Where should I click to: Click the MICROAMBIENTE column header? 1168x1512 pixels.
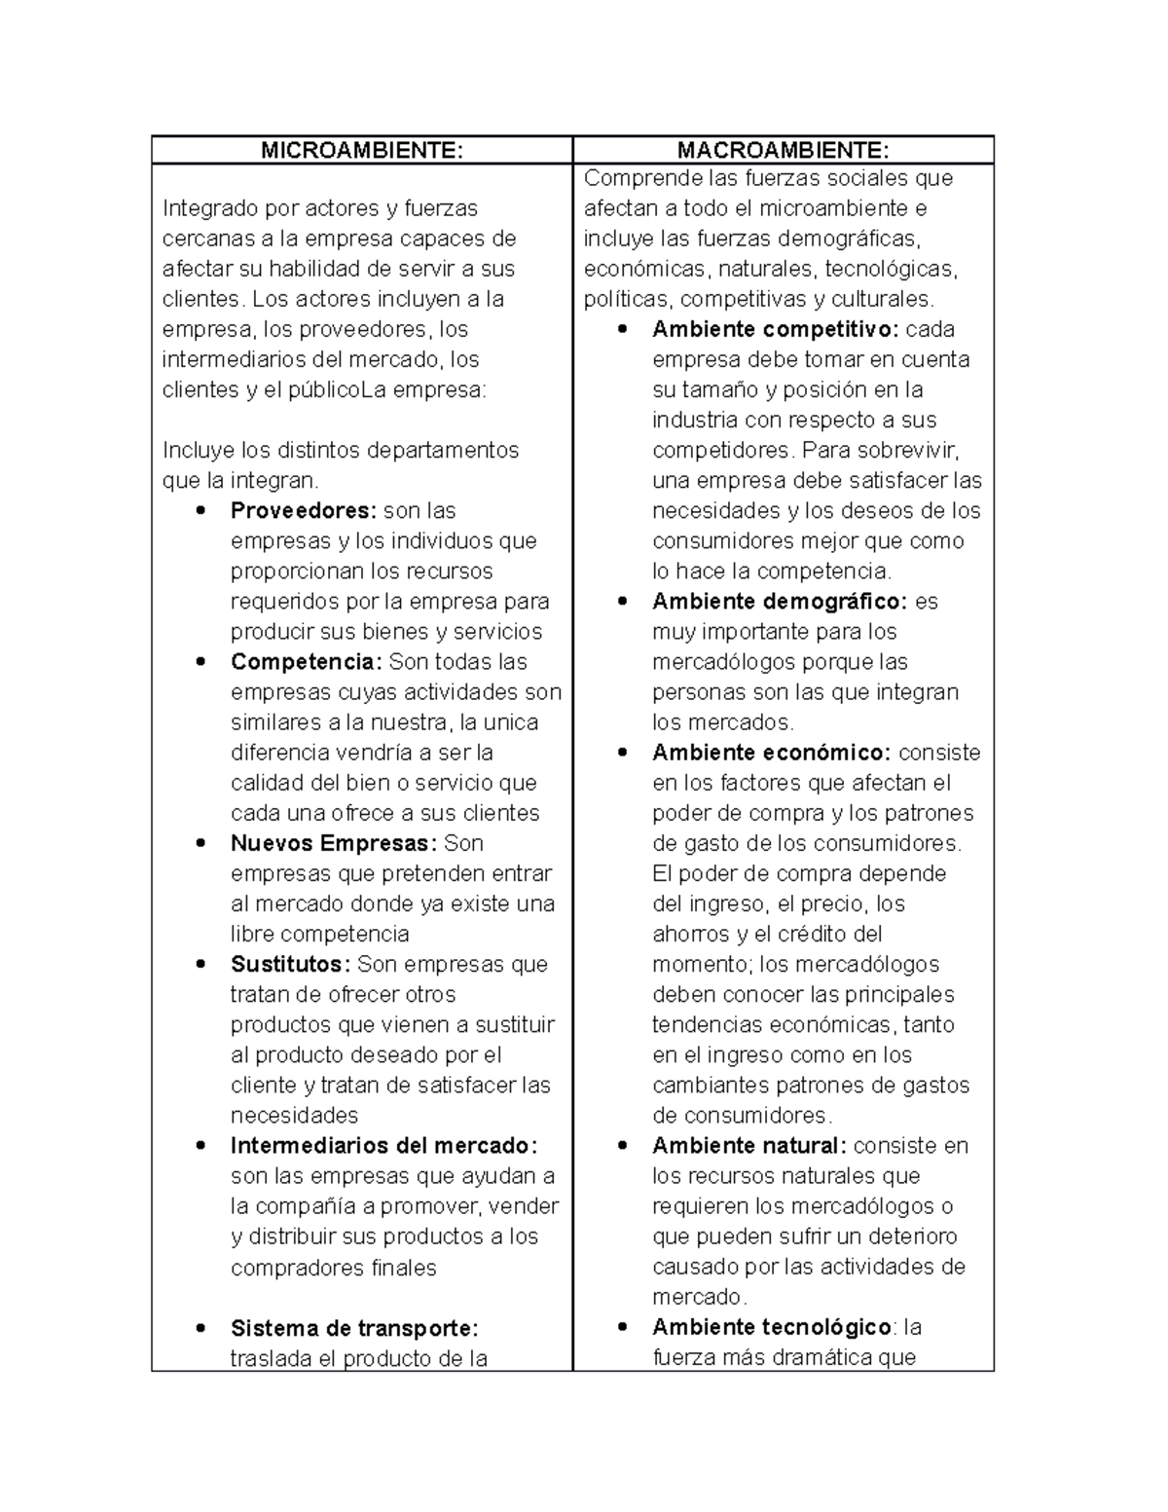click(x=361, y=150)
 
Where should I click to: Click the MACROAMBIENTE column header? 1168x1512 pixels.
click(x=783, y=150)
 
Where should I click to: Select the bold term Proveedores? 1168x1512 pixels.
click(x=303, y=511)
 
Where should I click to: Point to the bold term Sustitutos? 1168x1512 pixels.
click(x=290, y=964)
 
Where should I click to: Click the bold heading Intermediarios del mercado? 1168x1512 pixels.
click(x=383, y=1146)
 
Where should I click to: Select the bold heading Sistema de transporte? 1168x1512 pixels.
click(x=354, y=1328)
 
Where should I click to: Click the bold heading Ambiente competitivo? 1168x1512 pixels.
click(x=776, y=330)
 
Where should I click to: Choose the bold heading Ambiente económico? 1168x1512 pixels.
click(x=772, y=753)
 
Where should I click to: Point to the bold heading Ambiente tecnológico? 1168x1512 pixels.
click(x=772, y=1327)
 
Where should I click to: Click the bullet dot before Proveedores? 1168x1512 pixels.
click(x=201, y=511)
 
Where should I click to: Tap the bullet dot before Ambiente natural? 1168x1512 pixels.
click(x=623, y=1146)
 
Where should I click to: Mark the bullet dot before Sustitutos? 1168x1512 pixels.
click(x=201, y=964)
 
